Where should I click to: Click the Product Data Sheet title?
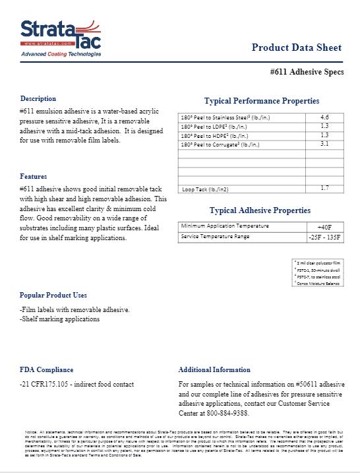296,47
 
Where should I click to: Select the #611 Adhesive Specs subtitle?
307,72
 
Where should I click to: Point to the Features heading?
33,177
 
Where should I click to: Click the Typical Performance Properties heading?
262,101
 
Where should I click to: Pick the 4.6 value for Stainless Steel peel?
324,117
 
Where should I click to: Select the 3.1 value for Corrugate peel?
324,143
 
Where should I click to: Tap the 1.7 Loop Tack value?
324,188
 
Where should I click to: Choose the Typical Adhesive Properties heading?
260,210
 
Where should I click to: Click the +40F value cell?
324,227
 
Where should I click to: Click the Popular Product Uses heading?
53,295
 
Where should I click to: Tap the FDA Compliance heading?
46,369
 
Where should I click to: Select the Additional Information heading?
214,369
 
